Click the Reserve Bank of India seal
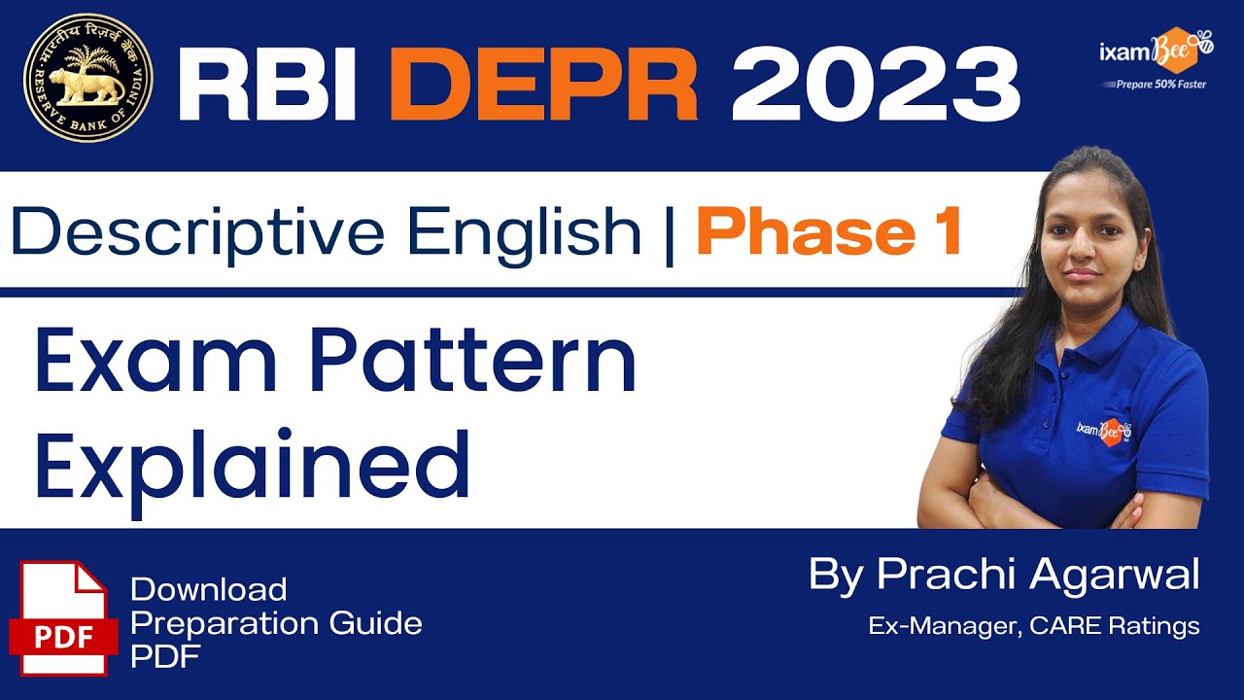[88, 78]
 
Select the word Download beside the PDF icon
[209, 589]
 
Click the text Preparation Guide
[276, 623]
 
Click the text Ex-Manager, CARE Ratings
[1034, 626]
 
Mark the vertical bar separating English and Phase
[669, 233]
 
